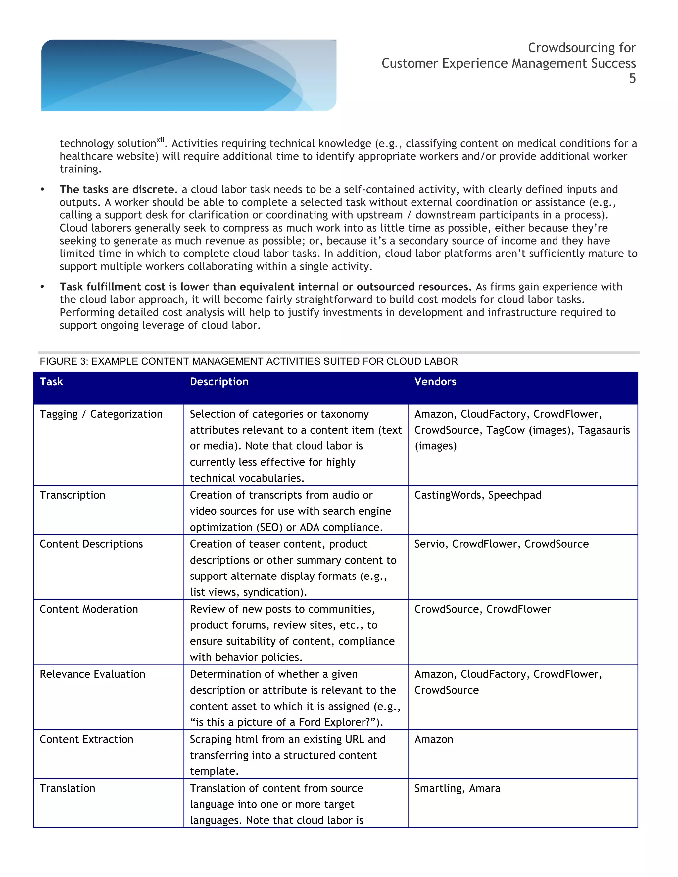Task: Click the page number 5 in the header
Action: point(632,79)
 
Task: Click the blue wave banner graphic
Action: point(188,75)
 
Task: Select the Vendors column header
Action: point(435,382)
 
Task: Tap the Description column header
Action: point(219,382)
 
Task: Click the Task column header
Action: point(51,382)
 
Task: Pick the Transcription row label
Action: point(72,495)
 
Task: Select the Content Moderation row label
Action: point(89,609)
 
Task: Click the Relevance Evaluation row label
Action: point(92,674)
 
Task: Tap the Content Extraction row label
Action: point(86,739)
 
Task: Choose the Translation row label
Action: point(68,788)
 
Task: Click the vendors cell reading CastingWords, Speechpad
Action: point(478,495)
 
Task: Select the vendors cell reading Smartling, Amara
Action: point(457,788)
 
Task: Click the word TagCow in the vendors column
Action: point(505,430)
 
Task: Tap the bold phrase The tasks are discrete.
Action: point(119,190)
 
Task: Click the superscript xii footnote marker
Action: point(160,140)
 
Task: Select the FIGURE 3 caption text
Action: point(248,361)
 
